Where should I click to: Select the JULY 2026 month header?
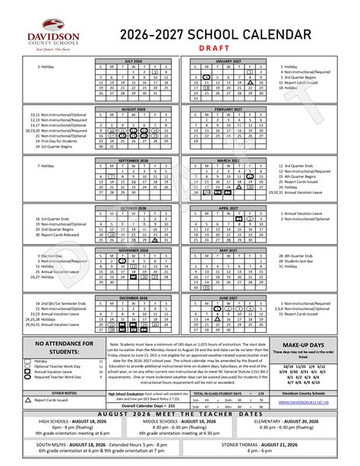(x=134, y=62)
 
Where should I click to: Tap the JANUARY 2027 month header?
(x=228, y=62)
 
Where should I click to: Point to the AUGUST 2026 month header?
(x=134, y=109)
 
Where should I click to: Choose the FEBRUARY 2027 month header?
(x=228, y=109)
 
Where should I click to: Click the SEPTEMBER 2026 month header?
(x=134, y=161)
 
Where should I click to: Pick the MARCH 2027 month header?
(x=228, y=161)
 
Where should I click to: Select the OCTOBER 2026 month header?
(x=134, y=208)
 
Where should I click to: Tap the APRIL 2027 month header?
(x=228, y=208)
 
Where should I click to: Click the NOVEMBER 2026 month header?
(x=134, y=249)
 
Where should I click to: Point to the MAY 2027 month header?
(x=228, y=249)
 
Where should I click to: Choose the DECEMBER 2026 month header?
(x=134, y=296)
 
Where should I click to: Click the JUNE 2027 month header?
(x=228, y=296)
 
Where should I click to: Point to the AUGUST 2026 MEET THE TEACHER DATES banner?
(x=179, y=413)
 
